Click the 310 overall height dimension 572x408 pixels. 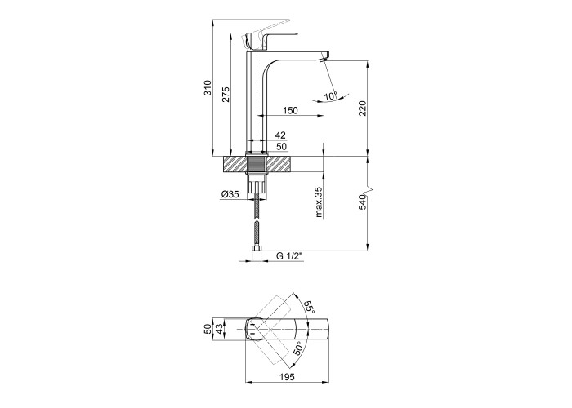point(208,87)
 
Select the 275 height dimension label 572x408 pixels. point(226,94)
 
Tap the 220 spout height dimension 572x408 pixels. point(362,109)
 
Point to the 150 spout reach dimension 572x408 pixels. point(290,110)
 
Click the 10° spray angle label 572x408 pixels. point(330,96)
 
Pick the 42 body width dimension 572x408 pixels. point(280,135)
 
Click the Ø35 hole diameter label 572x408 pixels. point(230,194)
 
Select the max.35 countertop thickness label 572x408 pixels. point(319,202)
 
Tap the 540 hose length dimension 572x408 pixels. point(362,202)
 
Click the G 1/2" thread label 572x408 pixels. point(290,256)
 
